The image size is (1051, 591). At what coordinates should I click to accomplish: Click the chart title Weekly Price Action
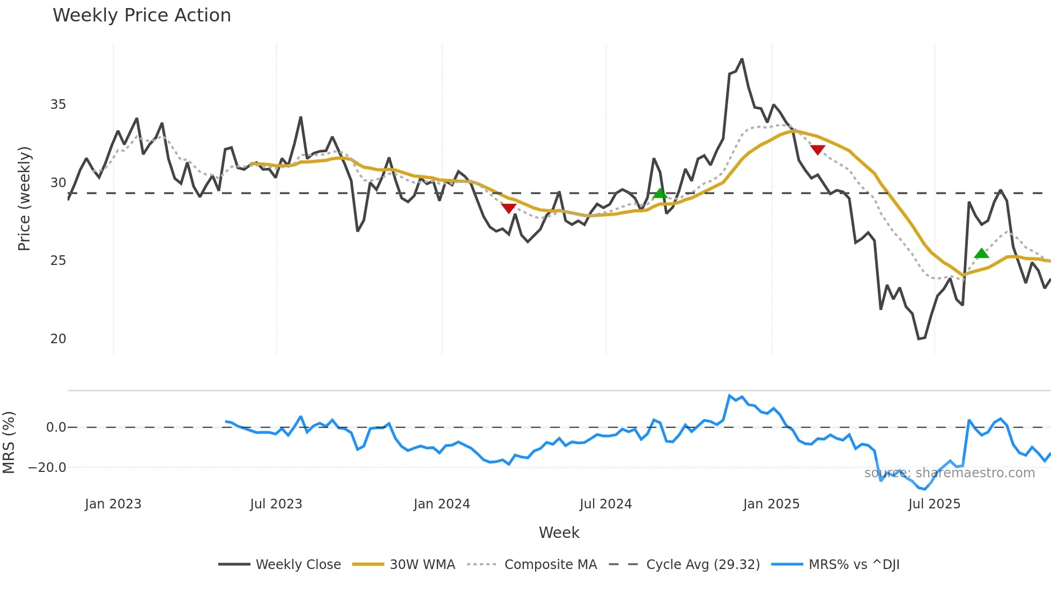(x=142, y=16)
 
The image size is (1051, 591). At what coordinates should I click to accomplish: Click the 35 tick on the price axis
(x=58, y=105)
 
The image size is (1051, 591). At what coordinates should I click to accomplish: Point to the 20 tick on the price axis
(x=58, y=339)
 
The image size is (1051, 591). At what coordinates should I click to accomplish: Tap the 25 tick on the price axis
(x=58, y=261)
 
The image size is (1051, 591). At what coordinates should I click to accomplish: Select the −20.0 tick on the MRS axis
(x=47, y=468)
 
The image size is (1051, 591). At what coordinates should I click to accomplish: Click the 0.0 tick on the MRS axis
(x=56, y=427)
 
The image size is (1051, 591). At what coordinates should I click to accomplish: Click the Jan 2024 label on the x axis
(x=441, y=504)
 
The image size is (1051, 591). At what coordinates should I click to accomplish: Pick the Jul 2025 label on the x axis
(x=934, y=504)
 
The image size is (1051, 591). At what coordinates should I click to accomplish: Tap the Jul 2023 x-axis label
(x=276, y=504)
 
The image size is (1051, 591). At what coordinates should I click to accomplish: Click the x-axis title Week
(x=559, y=533)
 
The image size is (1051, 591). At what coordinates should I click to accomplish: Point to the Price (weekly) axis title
(x=25, y=198)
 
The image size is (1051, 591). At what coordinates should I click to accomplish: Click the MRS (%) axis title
(x=9, y=442)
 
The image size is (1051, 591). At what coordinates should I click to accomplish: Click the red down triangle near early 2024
(x=508, y=208)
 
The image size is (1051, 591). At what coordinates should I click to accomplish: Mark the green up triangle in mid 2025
(x=981, y=254)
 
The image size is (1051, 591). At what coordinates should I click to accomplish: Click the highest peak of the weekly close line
(x=742, y=60)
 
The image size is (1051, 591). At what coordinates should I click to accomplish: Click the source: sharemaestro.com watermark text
(x=949, y=473)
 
